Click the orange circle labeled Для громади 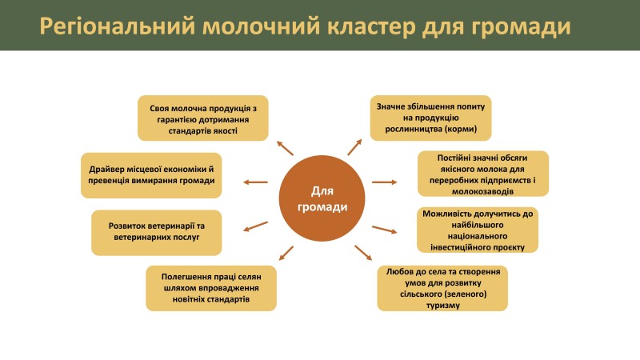pos(322,198)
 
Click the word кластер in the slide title pos(371,26)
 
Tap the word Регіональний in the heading pos(118,26)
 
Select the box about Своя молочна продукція pos(203,118)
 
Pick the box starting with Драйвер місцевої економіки pos(151,175)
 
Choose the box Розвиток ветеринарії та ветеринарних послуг pos(157,233)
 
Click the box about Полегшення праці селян pos(211,288)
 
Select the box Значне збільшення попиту pos(430,118)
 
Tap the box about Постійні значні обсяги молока pos(483,174)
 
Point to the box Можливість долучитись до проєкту pos(478,230)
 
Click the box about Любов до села pos(442,288)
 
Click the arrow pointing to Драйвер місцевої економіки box pos(255,182)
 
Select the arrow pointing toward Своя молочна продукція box pos(285,148)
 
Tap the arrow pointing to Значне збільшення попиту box pos(354,147)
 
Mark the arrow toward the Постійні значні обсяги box pos(385,182)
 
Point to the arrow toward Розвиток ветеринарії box pos(255,226)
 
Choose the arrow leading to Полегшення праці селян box pos(286,253)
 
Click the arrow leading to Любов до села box pos(363,253)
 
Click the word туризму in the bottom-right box pos(443,306)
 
